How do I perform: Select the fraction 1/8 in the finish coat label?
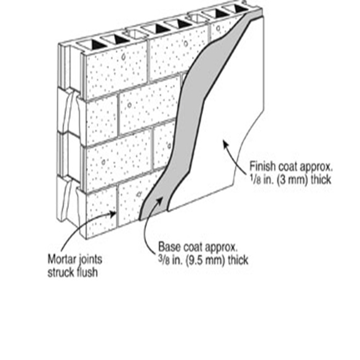click(255, 180)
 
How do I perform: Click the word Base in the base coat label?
click(169, 247)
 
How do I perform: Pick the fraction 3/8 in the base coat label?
click(164, 260)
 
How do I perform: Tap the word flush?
click(87, 272)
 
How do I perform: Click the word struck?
click(60, 272)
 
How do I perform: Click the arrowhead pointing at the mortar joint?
click(113, 214)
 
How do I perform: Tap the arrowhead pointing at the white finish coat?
click(225, 143)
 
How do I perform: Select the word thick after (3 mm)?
click(321, 180)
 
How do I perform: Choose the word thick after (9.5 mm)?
click(238, 260)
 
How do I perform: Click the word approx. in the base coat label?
click(221, 247)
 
